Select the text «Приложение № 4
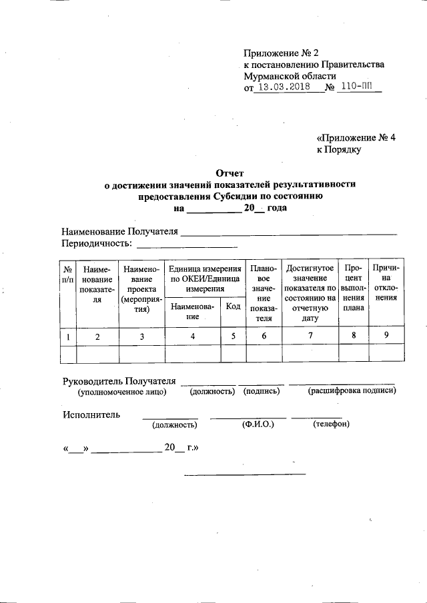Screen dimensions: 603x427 (356, 138)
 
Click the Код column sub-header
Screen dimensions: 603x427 (233, 306)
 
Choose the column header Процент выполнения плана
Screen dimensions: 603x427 (353, 288)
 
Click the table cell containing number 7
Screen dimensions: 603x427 (310, 336)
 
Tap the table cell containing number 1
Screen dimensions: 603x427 (68, 336)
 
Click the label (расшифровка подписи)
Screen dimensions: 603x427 (352, 391)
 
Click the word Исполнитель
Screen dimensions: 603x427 (91, 414)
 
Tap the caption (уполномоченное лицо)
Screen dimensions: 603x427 (121, 392)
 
